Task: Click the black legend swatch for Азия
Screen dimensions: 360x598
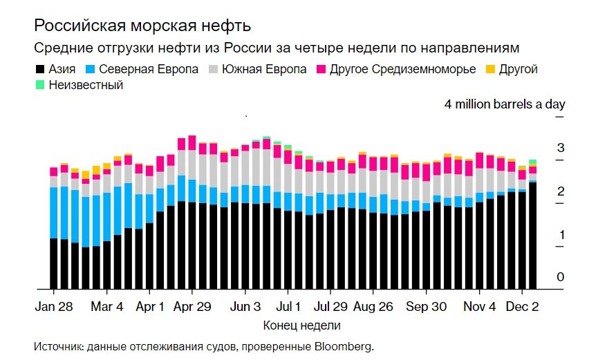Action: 39,70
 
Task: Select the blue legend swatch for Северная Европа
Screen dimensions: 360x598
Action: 89,70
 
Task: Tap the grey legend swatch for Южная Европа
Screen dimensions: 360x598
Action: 212,70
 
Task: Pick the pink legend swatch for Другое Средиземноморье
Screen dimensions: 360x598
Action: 321,70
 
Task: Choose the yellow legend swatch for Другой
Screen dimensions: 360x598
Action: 489,70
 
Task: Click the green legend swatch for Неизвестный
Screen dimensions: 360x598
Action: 39,86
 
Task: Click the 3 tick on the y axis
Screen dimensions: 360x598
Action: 561,148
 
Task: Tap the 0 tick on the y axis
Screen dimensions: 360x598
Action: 561,277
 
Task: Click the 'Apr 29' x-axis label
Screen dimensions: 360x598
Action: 191,307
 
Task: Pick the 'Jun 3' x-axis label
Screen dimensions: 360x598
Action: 245,307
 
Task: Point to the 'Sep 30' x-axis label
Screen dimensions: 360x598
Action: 427,307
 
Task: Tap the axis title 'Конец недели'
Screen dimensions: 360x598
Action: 301,325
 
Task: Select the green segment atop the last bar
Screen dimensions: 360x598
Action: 532,162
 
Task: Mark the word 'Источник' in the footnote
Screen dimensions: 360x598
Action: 57,345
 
